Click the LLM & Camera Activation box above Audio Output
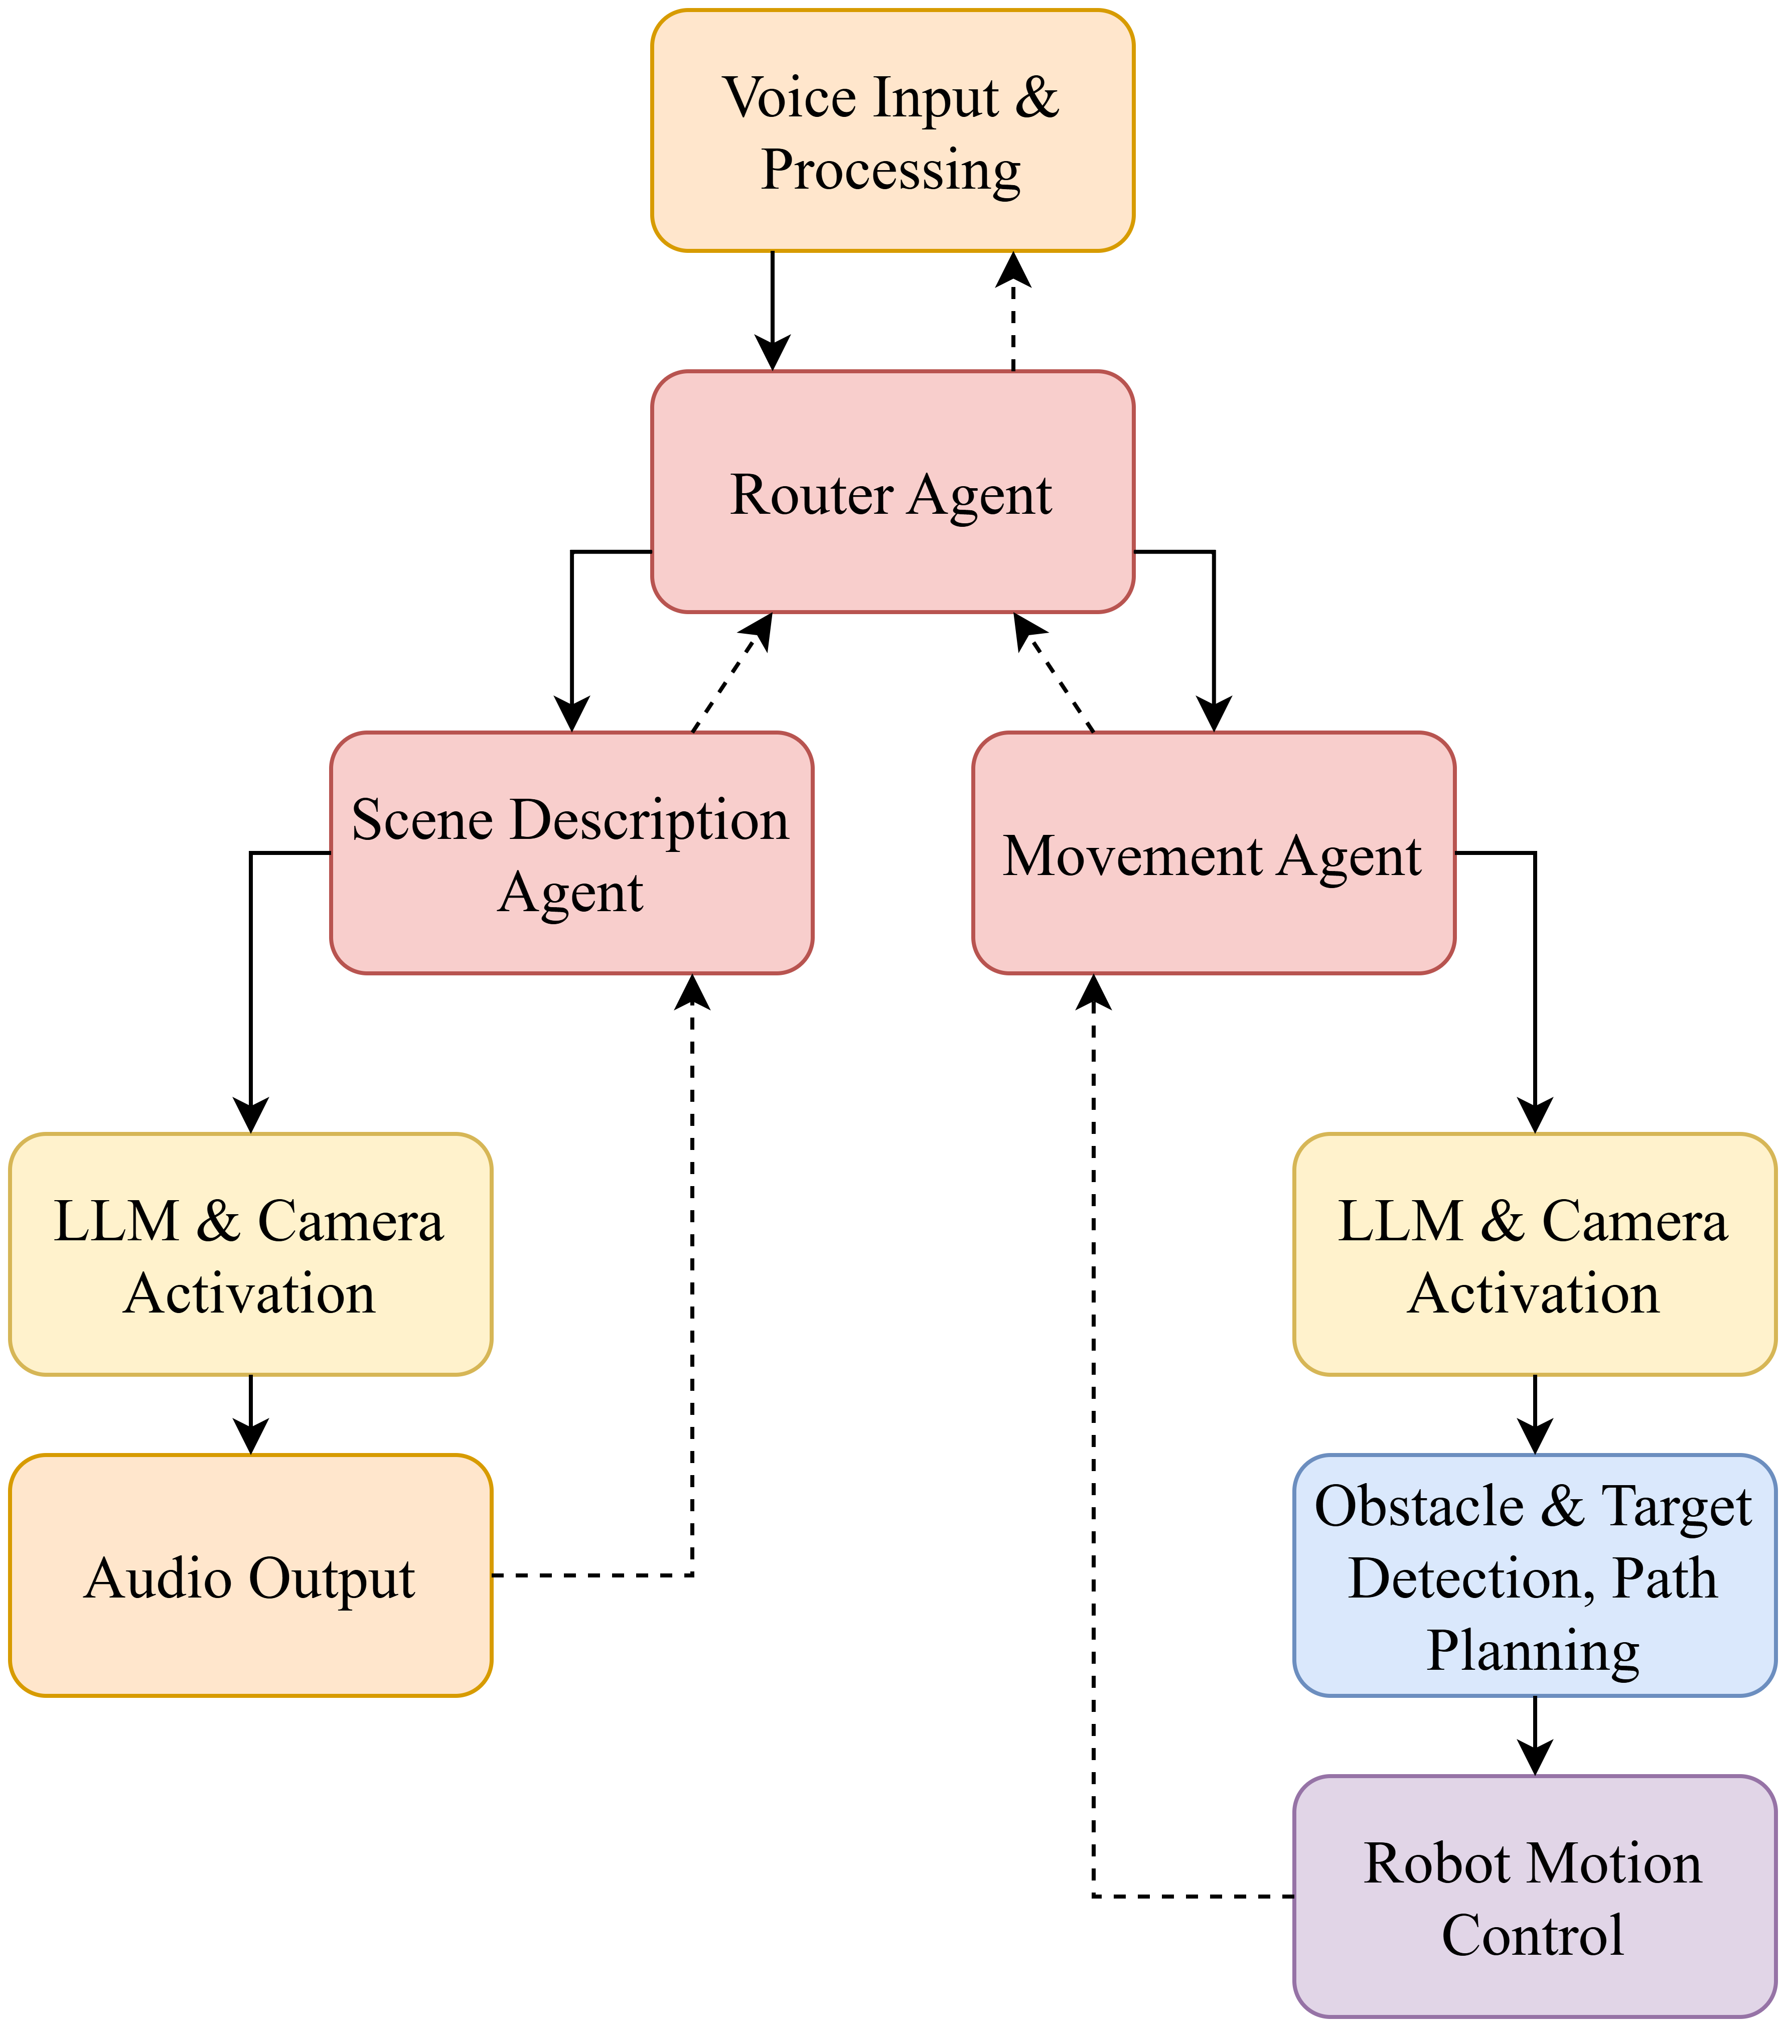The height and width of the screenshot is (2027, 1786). [x=250, y=1255]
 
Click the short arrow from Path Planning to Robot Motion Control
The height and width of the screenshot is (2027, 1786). [x=1534, y=1735]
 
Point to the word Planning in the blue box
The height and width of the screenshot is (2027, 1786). [x=1532, y=1651]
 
